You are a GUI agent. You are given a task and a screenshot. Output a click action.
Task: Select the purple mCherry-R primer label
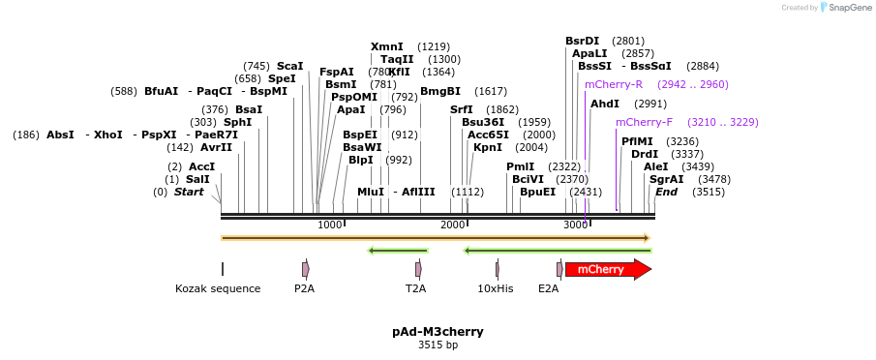tap(613, 84)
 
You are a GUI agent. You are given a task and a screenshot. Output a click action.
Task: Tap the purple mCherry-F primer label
tap(644, 122)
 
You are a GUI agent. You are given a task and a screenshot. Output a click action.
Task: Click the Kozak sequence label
tap(218, 288)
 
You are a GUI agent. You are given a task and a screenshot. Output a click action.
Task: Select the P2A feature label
tap(305, 288)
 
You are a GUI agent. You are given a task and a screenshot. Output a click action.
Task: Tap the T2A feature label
tap(416, 288)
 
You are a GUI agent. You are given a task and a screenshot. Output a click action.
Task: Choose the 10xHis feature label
tap(496, 288)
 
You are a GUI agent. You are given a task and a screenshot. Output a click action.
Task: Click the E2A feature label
tap(549, 288)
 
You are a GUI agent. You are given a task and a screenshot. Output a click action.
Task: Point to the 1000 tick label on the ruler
tap(330, 225)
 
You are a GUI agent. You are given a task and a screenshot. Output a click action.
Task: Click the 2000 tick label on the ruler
tap(453, 225)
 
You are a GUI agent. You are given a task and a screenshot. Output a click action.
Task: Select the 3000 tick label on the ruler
tap(576, 225)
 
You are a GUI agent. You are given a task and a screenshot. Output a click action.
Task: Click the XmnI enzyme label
tap(387, 46)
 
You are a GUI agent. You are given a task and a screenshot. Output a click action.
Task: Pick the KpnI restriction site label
tap(488, 147)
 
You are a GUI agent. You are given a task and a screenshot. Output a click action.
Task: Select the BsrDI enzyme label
tap(583, 41)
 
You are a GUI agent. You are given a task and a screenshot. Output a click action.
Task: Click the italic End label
tap(667, 192)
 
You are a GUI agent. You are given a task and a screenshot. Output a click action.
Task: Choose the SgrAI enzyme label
tap(666, 179)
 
